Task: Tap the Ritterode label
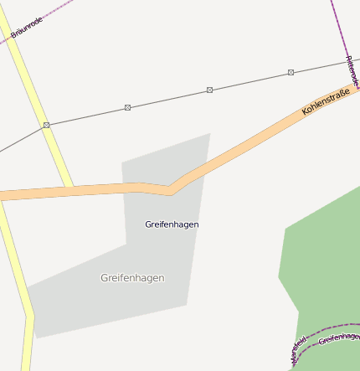click(x=352, y=70)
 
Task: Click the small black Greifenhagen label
click(x=172, y=224)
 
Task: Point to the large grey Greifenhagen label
click(x=132, y=278)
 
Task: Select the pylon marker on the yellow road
click(x=46, y=125)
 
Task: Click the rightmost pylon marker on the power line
click(x=291, y=73)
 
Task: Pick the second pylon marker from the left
click(x=127, y=107)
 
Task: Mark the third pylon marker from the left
click(x=209, y=90)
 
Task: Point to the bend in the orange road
click(x=171, y=191)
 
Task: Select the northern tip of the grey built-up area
click(x=208, y=134)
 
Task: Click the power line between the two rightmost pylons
click(x=249, y=81)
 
